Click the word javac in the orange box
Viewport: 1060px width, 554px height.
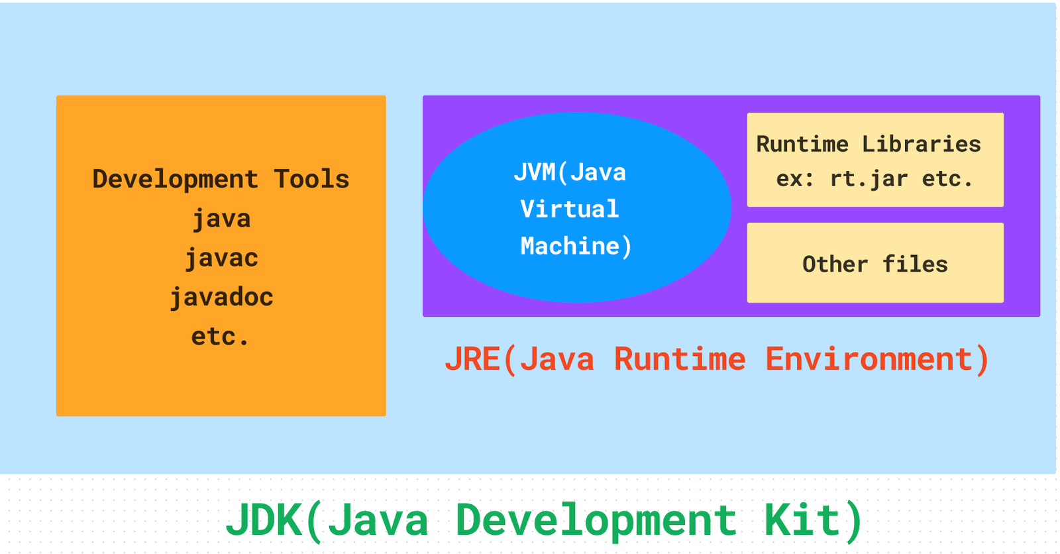click(x=221, y=258)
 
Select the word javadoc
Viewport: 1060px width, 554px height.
click(x=221, y=298)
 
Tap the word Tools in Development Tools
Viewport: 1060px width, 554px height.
click(x=311, y=180)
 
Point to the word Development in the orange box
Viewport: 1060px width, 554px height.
click(x=175, y=180)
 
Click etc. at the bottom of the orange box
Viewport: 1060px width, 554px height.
click(x=220, y=337)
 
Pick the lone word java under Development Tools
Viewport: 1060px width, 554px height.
click(x=221, y=219)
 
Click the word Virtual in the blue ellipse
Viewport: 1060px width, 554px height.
click(x=569, y=209)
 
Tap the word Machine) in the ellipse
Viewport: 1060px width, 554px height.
click(x=576, y=247)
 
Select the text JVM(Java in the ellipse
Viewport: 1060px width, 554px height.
click(x=570, y=172)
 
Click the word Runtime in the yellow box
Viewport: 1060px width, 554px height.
click(x=802, y=144)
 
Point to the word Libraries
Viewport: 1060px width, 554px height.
click(x=921, y=144)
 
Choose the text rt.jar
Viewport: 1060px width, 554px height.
click(x=869, y=179)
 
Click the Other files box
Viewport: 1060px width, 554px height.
click(x=875, y=263)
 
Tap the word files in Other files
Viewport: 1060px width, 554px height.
click(x=915, y=264)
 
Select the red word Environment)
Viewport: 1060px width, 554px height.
click(x=877, y=360)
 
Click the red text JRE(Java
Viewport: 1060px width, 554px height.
click(x=519, y=360)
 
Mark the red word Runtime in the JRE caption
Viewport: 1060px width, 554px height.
click(x=680, y=360)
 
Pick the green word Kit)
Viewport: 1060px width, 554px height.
click(x=813, y=520)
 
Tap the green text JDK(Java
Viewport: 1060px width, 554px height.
click(x=327, y=520)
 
